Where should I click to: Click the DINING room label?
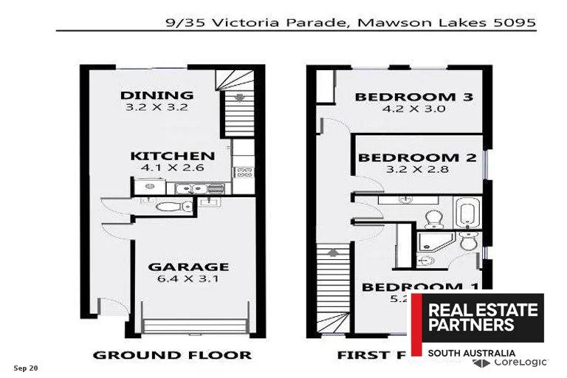coord(157,94)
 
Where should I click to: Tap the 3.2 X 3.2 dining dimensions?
coord(157,107)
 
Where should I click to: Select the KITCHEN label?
coord(173,156)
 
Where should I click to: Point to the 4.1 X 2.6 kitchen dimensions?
coord(173,168)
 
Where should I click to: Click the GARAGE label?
coord(188,267)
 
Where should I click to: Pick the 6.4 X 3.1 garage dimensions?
coord(188,279)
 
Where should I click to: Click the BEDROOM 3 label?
coord(414,97)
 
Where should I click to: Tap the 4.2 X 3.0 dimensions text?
coord(414,109)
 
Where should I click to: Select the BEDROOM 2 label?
coord(416,157)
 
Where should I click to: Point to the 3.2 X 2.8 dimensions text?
coord(416,169)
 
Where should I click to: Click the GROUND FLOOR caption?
coord(171,355)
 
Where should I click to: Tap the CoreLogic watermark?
coord(520,362)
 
